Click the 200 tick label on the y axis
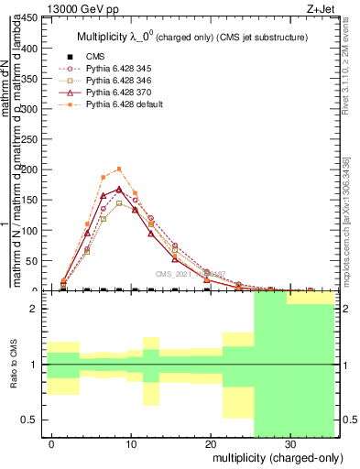tap(27, 170)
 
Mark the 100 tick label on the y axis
tap(27, 231)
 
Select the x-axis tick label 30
tap(289, 442)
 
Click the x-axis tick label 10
tap(131, 442)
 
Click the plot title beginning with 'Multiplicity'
tap(190, 38)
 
